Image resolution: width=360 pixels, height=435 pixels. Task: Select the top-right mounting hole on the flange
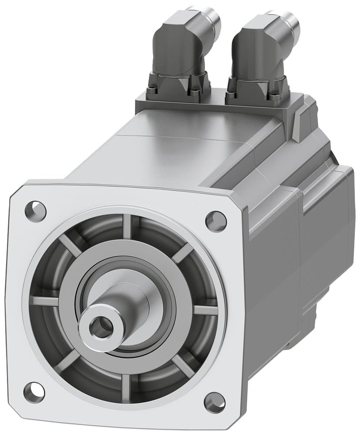tap(216, 221)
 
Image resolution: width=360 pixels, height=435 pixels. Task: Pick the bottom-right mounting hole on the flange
tap(215, 402)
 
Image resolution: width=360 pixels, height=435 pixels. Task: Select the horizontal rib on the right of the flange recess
tap(205, 310)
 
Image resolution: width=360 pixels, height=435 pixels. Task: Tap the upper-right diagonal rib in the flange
tap(183, 252)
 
